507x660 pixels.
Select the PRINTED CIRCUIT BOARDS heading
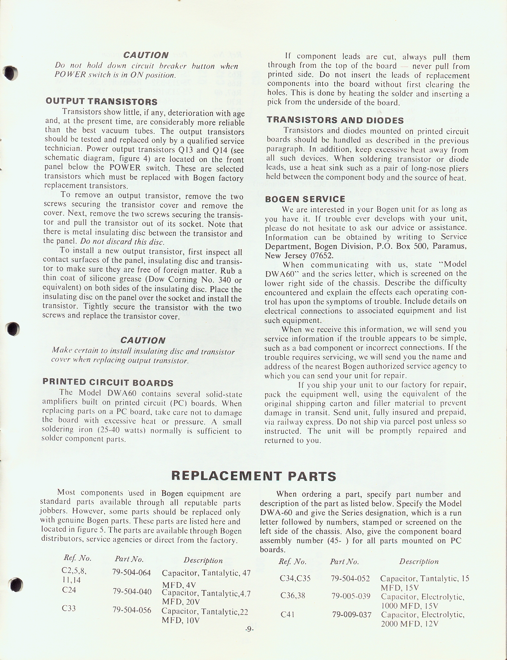(x=108, y=382)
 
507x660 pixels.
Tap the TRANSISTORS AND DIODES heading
(x=335, y=120)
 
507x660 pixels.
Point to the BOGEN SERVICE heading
(x=305, y=199)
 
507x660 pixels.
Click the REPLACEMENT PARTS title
(x=253, y=476)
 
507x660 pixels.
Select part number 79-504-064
(x=132, y=572)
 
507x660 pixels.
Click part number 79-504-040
(x=132, y=591)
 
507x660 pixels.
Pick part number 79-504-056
(x=132, y=610)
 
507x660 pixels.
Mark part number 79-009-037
(x=352, y=615)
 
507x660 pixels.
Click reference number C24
(x=69, y=590)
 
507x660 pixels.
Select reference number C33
(x=69, y=609)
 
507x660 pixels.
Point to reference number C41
(x=287, y=615)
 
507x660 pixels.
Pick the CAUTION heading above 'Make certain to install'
(x=143, y=340)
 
